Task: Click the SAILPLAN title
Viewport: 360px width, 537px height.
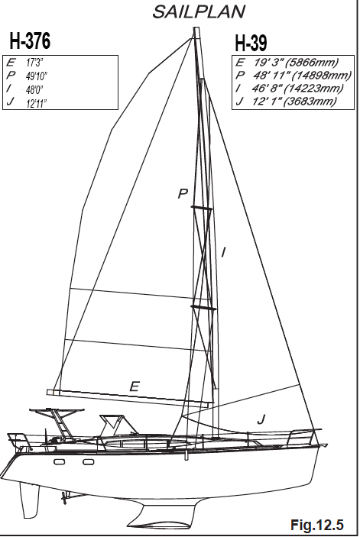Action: coord(199,11)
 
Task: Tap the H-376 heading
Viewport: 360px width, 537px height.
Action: coord(30,40)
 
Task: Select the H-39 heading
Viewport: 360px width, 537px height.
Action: coord(251,43)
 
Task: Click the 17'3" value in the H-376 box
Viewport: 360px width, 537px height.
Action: coord(34,63)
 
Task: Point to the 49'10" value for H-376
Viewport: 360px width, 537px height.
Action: coord(37,76)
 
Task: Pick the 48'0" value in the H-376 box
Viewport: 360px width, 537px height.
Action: coord(34,89)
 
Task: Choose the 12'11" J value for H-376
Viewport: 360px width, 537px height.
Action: coord(37,103)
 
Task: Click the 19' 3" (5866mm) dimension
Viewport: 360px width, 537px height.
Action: coord(296,63)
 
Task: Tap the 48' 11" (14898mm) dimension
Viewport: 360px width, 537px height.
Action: coord(303,75)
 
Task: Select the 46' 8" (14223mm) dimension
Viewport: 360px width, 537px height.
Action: coord(297,89)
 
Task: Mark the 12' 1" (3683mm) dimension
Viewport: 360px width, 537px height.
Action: coord(294,102)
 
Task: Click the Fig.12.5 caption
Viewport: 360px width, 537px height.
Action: coord(317,524)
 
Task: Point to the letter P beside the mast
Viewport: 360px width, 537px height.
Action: coord(183,194)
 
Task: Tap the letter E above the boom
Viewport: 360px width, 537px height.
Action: coord(135,387)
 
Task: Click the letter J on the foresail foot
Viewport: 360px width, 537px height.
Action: coord(261,419)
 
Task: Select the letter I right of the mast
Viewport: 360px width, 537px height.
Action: coord(223,253)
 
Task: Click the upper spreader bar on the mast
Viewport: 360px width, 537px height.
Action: coord(202,208)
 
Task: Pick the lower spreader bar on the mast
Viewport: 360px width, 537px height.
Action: coord(203,308)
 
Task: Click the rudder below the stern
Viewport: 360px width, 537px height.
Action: coord(30,500)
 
